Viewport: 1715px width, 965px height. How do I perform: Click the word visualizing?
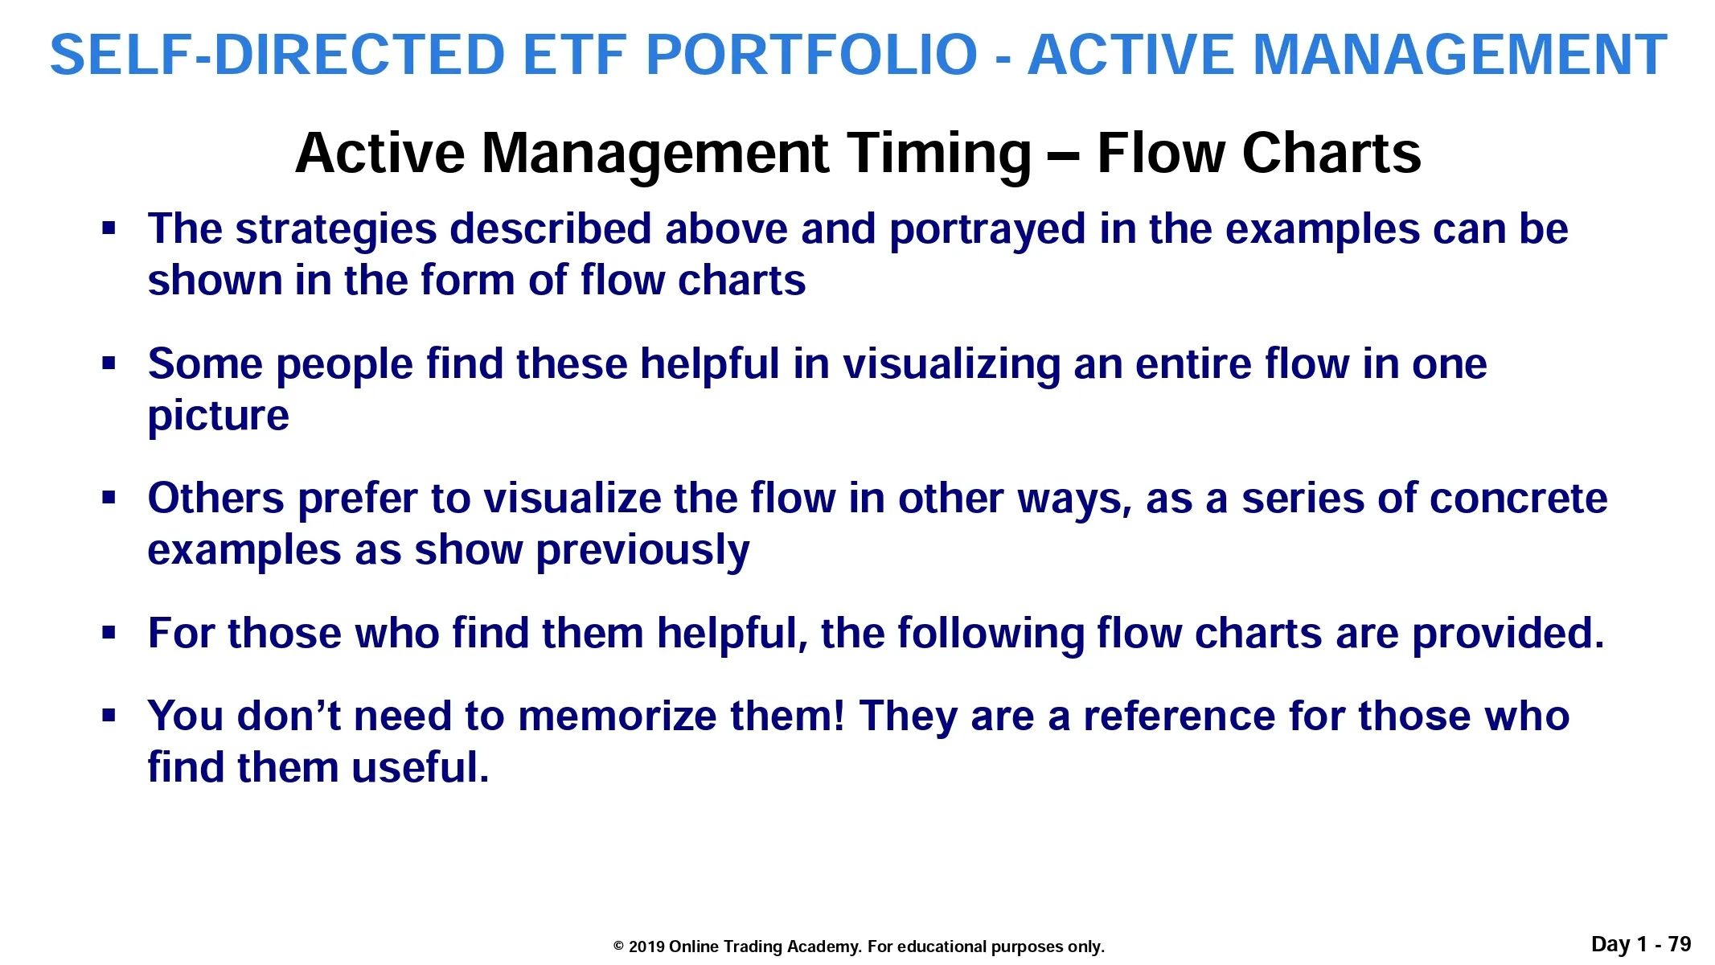tap(951, 366)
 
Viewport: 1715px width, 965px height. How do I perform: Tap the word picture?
tap(218, 417)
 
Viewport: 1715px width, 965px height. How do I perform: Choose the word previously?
tap(642, 552)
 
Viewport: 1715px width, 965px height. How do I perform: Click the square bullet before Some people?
tap(109, 364)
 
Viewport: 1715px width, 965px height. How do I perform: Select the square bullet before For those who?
tap(109, 634)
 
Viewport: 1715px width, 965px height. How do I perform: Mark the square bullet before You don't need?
tap(109, 715)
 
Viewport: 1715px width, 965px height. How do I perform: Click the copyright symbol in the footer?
tap(618, 947)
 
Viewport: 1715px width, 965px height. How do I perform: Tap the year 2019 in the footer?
tap(646, 947)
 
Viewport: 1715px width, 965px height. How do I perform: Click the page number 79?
tap(1680, 944)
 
